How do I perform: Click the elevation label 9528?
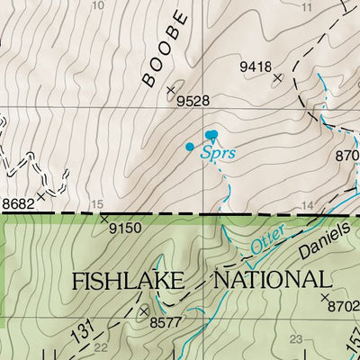194,102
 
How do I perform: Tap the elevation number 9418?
255,66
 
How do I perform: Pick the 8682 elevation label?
18,204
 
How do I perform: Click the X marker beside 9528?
171,88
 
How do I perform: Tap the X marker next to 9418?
277,78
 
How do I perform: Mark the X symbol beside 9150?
104,218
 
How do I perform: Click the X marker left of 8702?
324,295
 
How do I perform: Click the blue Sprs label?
218,153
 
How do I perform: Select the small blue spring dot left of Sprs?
189,146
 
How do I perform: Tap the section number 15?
97,203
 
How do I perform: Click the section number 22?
101,347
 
